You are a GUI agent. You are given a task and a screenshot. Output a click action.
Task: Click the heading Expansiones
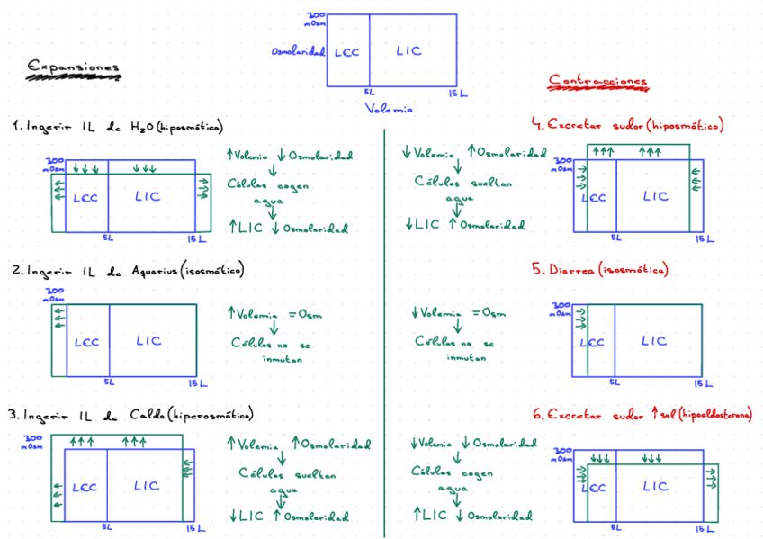point(74,67)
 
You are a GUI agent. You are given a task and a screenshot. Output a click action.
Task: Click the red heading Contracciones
point(597,81)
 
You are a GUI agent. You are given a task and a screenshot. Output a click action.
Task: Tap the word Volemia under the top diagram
point(389,109)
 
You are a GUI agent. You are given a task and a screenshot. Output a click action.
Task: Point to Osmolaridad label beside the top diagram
point(298,51)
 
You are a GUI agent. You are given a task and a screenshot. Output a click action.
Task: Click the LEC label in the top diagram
point(346,52)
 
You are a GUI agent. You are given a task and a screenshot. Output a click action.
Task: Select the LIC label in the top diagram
point(408,51)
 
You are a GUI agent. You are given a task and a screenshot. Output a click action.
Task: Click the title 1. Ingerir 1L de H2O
point(117,127)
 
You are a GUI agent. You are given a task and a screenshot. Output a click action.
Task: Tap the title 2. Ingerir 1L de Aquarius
point(128,270)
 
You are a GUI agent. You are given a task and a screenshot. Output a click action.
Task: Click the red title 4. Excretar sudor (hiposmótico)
point(628,125)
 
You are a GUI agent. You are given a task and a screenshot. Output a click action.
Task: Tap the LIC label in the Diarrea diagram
point(654,341)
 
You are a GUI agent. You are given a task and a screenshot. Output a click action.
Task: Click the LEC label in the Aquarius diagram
point(87,342)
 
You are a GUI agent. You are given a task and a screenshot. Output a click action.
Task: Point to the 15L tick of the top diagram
point(457,93)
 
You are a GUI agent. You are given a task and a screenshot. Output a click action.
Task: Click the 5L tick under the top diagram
point(369,92)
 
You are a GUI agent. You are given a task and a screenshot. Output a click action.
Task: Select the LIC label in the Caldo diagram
point(147,486)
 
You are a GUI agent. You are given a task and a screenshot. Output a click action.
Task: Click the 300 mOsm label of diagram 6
point(561,452)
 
